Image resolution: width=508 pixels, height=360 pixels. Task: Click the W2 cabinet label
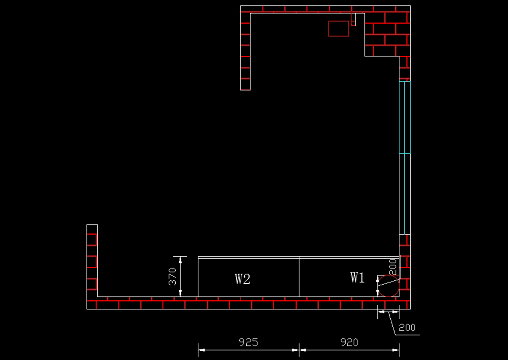[x=243, y=279]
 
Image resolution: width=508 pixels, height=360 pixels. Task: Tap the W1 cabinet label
[x=357, y=277]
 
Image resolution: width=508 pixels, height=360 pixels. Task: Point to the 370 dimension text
[x=172, y=277]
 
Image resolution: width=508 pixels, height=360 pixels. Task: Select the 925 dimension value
[x=248, y=342]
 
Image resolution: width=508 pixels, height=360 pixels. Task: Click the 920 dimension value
[x=349, y=342]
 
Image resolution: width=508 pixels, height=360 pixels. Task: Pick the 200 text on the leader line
[x=407, y=327]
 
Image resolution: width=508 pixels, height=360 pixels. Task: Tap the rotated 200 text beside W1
[x=392, y=267]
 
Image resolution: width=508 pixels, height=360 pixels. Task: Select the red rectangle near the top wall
[x=339, y=21]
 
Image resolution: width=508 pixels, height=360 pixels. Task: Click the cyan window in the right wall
[x=405, y=158]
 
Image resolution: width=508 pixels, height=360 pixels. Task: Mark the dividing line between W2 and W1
[x=299, y=277]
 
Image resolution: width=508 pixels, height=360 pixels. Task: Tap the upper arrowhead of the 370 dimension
[x=180, y=260]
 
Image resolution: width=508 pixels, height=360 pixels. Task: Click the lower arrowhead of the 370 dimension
[x=180, y=293]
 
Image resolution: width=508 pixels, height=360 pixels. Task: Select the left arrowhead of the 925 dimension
[x=202, y=350]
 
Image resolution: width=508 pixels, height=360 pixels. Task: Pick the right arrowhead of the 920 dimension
[x=396, y=350]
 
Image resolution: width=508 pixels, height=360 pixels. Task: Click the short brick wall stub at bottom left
[x=92, y=261]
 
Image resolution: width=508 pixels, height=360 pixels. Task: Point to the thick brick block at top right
[x=387, y=34]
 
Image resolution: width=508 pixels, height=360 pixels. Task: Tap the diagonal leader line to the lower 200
[x=392, y=324]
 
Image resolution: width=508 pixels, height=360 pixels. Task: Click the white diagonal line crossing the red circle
[x=388, y=282]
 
